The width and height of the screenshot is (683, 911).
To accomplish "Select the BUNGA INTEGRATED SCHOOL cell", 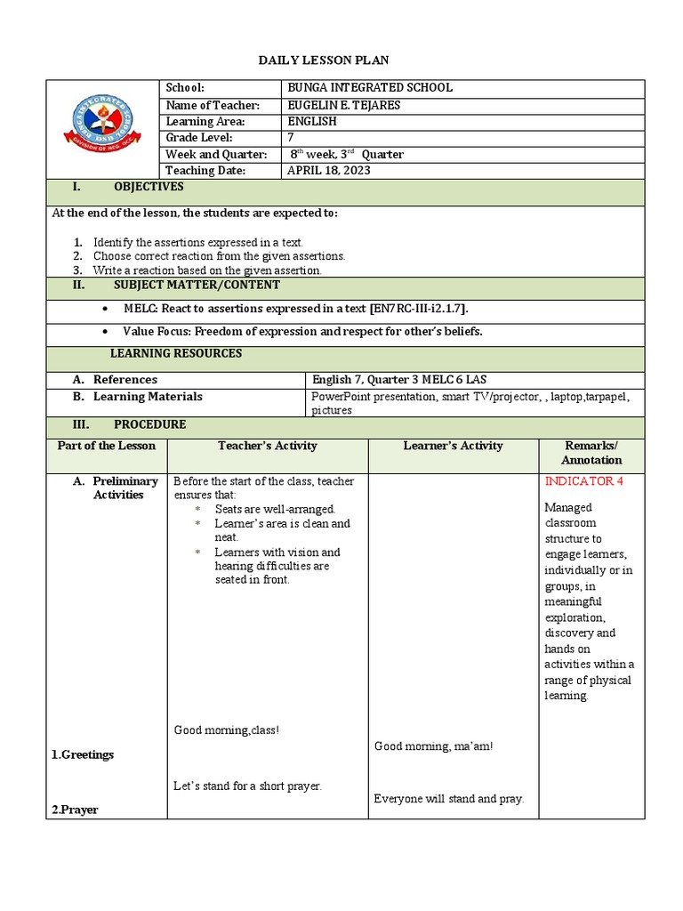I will click(369, 87).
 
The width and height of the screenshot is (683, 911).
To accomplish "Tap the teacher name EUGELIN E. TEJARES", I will click(343, 105).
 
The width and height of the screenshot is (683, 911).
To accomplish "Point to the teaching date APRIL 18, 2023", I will click(328, 170).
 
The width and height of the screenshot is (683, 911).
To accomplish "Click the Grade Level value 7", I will click(290, 138).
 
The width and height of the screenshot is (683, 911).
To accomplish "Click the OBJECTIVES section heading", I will click(148, 187).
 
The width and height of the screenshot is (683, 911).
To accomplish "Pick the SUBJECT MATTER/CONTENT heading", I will click(196, 285).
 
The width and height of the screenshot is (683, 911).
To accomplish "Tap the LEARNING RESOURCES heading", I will click(175, 353).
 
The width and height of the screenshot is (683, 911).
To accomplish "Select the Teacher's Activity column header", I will click(267, 446).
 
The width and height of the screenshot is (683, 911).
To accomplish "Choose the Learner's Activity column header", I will click(453, 446).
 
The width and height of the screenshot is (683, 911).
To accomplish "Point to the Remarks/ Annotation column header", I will click(591, 453).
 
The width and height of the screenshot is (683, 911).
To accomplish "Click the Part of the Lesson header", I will click(107, 446).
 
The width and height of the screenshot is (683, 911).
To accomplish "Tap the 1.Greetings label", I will click(82, 754).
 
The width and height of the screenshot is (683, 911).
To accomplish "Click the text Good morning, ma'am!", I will click(433, 746).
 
